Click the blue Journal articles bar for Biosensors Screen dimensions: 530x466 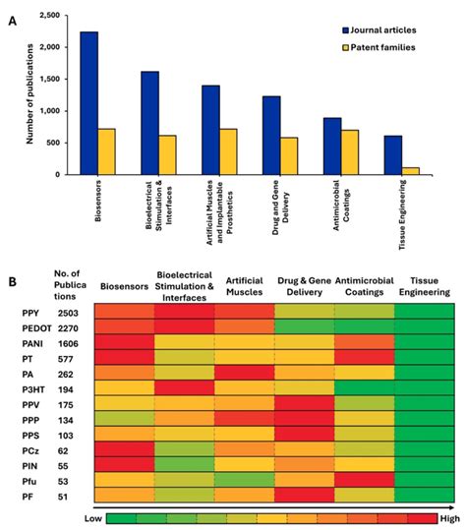click(88, 103)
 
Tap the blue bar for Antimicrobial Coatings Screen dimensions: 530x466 click(333, 147)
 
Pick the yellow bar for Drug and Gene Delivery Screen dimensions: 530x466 click(290, 156)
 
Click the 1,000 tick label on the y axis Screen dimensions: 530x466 click(51, 111)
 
